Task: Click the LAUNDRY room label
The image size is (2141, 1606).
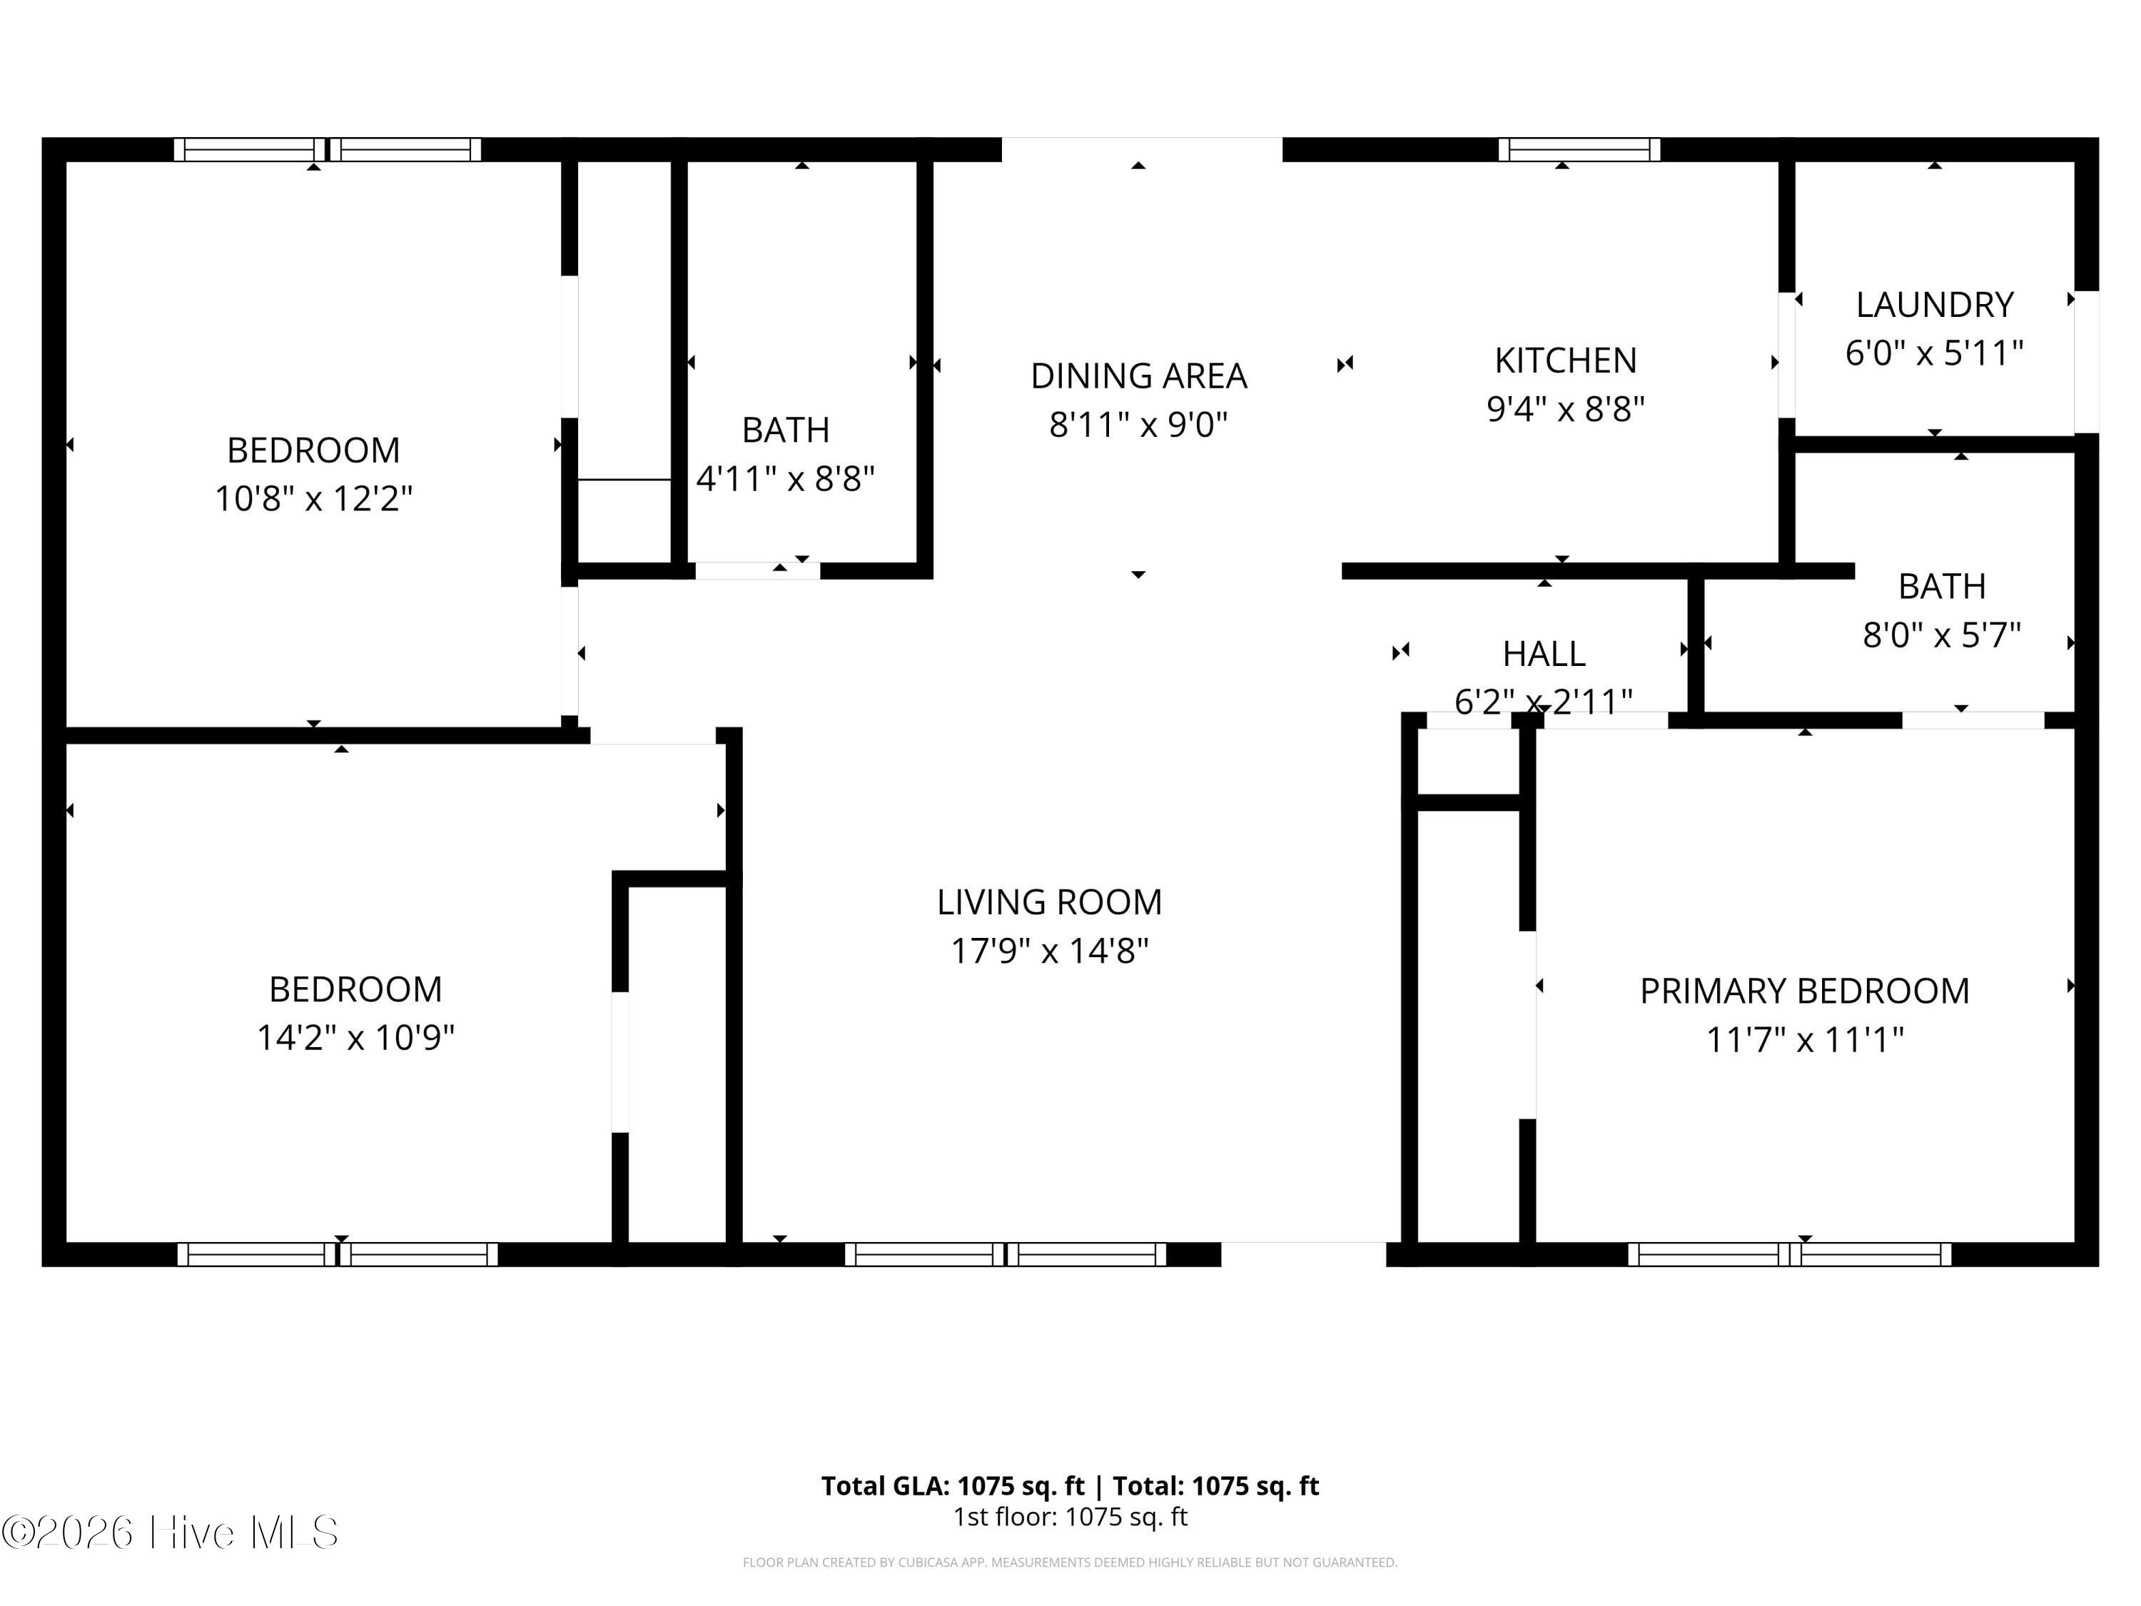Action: coord(1934,305)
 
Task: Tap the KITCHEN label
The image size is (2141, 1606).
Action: coord(1565,360)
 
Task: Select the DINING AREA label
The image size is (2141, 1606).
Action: coord(1138,375)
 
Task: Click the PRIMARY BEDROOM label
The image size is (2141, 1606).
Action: coord(1804,991)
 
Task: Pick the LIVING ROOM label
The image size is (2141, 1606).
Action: coord(1049,902)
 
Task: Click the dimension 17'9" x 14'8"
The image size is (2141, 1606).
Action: coord(1049,951)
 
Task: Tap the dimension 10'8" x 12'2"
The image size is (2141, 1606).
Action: coord(313,498)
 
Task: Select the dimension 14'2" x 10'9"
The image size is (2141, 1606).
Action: coord(355,1038)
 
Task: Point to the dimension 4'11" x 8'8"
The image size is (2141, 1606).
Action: coord(785,478)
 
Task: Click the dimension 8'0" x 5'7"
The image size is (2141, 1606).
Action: coord(1942,635)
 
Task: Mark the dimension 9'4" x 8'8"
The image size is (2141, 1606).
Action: coord(1565,408)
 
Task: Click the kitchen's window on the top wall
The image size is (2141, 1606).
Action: coord(1579,150)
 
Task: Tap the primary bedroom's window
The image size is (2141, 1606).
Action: coord(1790,1255)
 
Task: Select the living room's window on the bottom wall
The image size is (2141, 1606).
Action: coord(1006,1255)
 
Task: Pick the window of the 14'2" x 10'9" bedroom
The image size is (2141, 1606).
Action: coord(338,1255)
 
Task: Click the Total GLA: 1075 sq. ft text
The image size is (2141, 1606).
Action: coord(953,1486)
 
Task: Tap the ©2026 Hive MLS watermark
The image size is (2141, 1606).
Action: coord(171,1532)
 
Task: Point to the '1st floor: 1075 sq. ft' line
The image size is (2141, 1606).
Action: coord(1070,1517)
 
